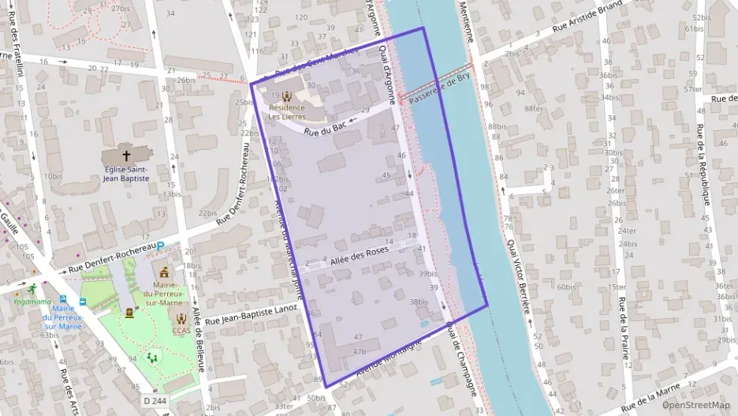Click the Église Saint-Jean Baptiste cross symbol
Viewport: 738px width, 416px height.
pyautogui.click(x=126, y=156)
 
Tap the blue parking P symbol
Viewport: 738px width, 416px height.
pyautogui.click(x=161, y=246)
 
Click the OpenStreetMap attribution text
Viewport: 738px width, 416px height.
pyautogui.click(x=695, y=405)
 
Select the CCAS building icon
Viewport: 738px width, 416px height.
pyautogui.click(x=182, y=317)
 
